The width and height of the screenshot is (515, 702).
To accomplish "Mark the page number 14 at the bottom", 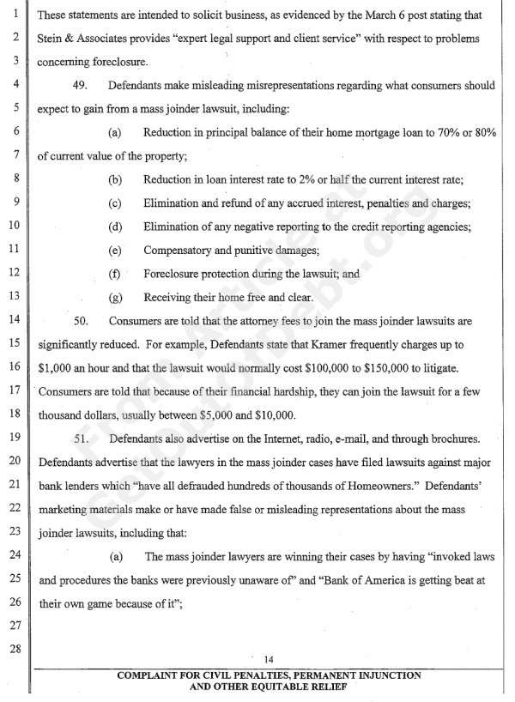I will [x=269, y=659].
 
